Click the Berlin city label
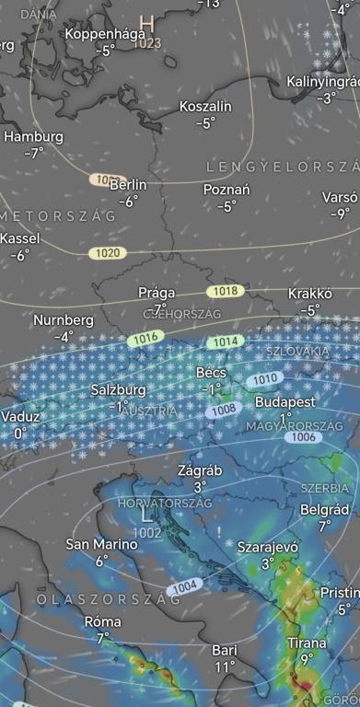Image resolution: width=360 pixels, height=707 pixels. (x=128, y=185)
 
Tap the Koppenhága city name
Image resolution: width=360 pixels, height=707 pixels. (x=106, y=34)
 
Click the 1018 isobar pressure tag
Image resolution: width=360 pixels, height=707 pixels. (x=226, y=291)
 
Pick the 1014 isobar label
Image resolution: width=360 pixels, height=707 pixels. (x=226, y=342)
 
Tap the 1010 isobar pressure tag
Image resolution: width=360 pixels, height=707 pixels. (x=265, y=378)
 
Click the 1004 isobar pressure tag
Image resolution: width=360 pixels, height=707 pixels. (x=183, y=586)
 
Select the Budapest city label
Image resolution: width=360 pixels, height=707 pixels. (x=285, y=402)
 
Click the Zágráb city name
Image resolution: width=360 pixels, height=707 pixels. (x=200, y=470)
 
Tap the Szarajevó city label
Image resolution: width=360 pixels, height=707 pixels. (x=268, y=547)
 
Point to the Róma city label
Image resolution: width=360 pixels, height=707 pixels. (x=102, y=621)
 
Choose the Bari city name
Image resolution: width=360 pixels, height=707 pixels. (x=225, y=649)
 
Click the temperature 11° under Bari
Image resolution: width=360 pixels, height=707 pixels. (x=225, y=666)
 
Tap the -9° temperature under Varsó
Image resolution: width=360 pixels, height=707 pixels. (x=341, y=214)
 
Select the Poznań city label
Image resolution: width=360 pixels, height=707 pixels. (x=226, y=190)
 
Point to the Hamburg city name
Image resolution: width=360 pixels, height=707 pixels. (x=34, y=136)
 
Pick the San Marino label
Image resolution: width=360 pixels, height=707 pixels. (x=101, y=544)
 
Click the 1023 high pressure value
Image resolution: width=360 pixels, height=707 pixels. (x=146, y=43)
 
